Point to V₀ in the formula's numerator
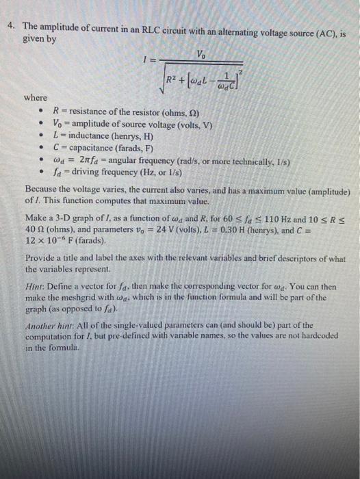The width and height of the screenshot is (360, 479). [x=200, y=54]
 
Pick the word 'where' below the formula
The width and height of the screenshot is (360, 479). [x=36, y=98]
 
